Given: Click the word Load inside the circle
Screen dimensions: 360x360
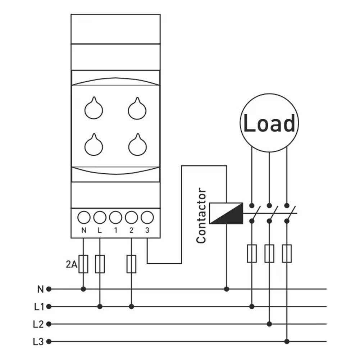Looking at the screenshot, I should coord(269,123).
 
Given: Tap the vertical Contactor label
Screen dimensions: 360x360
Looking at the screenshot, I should coord(201,216).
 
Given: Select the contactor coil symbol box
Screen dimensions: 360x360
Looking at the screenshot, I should coord(226,213).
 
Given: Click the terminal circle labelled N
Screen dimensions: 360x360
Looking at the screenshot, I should coord(84,217).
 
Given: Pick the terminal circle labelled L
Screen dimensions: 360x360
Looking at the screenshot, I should coord(100,217).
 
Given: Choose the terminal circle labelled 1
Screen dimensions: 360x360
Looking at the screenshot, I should coord(115,217).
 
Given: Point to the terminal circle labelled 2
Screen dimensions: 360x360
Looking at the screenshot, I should coord(131,217).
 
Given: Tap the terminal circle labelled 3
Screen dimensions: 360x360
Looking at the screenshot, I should coord(147,217).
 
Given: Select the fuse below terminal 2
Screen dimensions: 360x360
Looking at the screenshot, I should coord(131,264).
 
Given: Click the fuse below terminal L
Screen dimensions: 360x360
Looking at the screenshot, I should coord(100,264).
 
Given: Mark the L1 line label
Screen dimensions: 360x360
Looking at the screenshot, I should coord(39,307).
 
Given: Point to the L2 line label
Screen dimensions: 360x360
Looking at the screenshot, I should coord(38,324).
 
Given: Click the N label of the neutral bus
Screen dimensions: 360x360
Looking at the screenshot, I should coord(40,289).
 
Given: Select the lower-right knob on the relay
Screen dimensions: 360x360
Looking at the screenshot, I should coord(137,146).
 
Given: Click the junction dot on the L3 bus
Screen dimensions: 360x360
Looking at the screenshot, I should coord(287,341).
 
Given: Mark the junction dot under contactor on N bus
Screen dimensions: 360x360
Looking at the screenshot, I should coord(226,289).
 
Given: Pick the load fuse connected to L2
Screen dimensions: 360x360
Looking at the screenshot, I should coord(269,254).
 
